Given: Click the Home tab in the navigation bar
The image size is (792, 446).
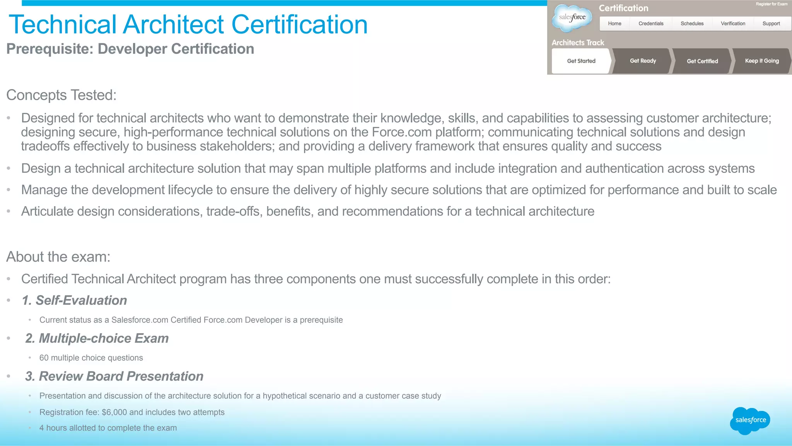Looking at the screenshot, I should point(614,24).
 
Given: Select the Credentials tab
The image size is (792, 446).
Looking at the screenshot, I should point(651,24).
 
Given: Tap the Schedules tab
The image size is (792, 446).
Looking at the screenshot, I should point(692,24).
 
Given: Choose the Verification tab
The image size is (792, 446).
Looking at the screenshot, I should point(733,24).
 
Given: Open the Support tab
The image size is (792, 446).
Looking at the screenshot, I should point(771,24).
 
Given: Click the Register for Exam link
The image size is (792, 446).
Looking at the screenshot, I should point(772,4).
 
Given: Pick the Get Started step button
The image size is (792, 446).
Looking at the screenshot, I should point(581,61).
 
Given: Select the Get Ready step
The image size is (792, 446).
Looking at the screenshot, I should point(643,61).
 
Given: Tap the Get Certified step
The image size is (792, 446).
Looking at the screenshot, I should point(702,61).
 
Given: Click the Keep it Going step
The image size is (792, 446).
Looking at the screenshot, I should point(762,61).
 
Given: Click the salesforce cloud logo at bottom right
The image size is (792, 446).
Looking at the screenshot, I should point(750,420).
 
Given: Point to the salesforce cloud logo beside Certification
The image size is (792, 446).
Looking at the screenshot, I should point(572,17).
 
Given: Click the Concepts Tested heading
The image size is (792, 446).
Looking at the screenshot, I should point(61,95).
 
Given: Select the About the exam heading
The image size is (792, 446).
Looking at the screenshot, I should point(58,257).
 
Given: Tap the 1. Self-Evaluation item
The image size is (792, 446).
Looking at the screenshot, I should point(74,301).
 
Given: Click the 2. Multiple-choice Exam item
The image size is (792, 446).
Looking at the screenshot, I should point(97,338).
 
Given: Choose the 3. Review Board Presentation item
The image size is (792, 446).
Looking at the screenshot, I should point(114,376).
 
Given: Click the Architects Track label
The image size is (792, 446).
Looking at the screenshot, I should point(577,43).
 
